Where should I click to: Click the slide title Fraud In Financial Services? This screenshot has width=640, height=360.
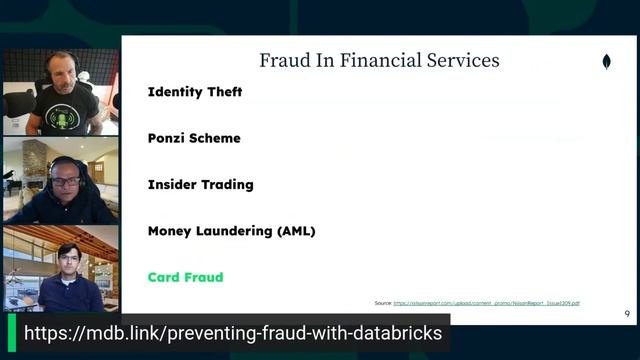[x=379, y=60]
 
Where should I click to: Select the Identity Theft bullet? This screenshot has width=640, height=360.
[x=195, y=92]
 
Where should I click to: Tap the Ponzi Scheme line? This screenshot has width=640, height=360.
[x=194, y=138]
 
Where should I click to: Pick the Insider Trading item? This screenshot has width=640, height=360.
[x=200, y=185]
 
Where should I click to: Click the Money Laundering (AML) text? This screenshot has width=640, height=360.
[x=231, y=231]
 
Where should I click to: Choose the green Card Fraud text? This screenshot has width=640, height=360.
[x=185, y=277]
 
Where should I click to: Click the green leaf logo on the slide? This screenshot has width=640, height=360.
[x=606, y=62]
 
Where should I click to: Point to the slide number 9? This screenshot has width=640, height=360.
[x=626, y=313]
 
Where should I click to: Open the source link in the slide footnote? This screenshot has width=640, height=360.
[x=486, y=302]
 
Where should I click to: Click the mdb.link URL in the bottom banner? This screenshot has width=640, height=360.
[x=232, y=333]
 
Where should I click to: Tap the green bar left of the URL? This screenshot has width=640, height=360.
[x=12, y=333]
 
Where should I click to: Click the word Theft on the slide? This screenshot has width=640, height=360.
[x=223, y=92]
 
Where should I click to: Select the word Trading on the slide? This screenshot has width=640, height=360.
[x=226, y=185]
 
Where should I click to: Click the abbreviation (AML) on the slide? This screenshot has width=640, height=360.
[x=295, y=231]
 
